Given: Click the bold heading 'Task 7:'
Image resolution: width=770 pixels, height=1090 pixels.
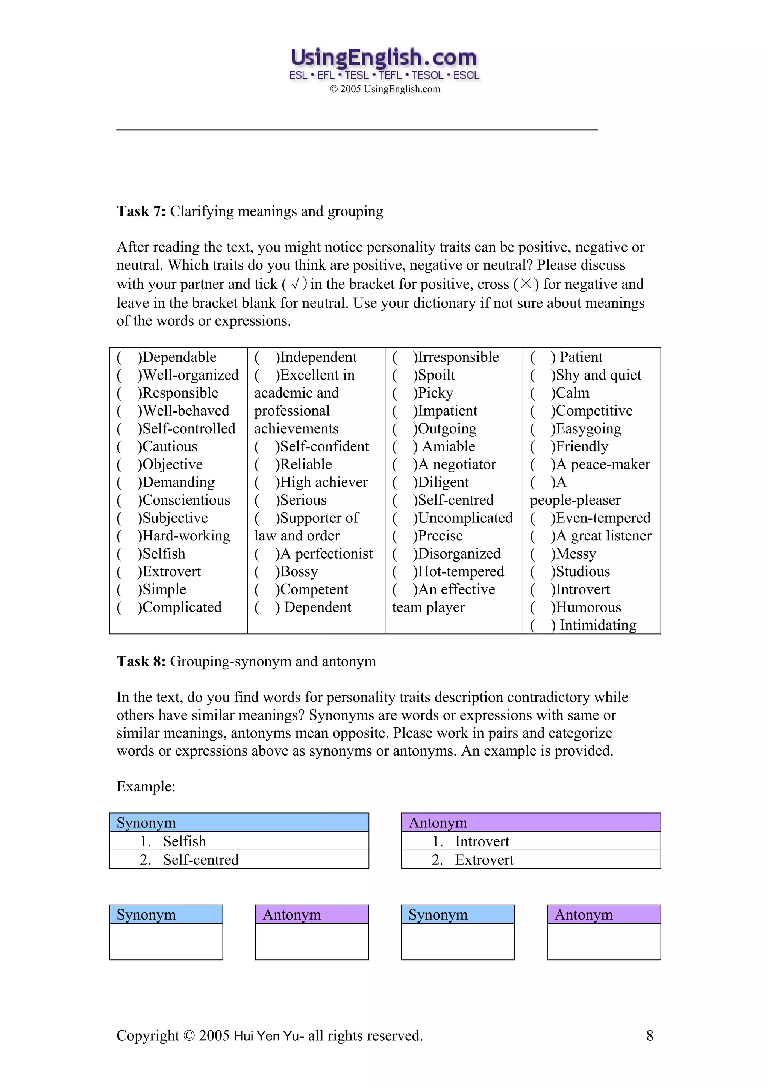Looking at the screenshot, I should tap(141, 211).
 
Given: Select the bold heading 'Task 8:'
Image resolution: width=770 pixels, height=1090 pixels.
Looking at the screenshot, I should tap(141, 661).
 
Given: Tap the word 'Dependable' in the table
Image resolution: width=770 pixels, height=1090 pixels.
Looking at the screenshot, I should tap(179, 357).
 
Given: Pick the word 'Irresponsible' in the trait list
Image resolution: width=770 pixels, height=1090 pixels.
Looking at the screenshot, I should tap(458, 357).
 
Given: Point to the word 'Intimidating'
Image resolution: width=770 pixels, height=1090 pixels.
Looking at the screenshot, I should tap(598, 625).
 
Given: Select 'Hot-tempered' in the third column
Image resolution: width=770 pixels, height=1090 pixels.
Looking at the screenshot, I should tap(461, 572).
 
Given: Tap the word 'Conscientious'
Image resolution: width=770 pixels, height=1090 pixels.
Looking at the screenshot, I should tap(186, 500).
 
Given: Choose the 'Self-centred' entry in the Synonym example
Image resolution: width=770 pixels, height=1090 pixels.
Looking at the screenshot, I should tap(201, 860).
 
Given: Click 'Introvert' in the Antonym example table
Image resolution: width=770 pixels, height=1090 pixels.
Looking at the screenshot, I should tap(482, 841).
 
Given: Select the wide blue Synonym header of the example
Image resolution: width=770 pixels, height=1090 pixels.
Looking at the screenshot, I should tap(239, 823).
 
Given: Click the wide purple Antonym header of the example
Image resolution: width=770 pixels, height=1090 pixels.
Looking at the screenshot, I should tap(531, 823).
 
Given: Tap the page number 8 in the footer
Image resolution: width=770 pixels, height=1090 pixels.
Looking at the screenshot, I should tap(649, 1036).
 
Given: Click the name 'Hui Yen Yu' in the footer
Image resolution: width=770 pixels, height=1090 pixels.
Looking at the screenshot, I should tap(269, 1036).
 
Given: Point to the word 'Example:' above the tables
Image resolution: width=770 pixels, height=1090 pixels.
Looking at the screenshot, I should tap(146, 786).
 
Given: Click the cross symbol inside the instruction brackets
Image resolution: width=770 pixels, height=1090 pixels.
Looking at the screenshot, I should tap(526, 284).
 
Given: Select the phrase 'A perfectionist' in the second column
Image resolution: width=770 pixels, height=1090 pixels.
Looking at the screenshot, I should tap(326, 554).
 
